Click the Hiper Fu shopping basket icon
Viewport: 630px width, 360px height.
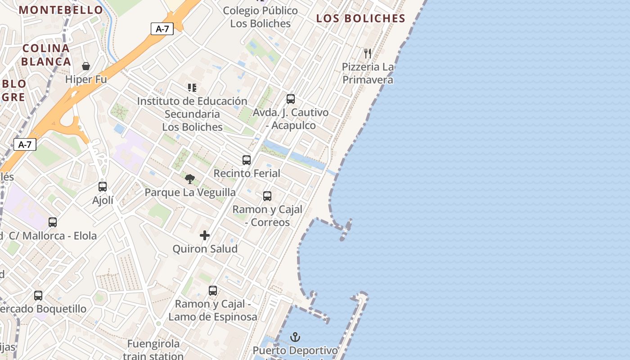[86, 67]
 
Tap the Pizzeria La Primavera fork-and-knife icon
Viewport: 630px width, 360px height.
[368, 54]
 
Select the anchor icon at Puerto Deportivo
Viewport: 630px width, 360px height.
[295, 337]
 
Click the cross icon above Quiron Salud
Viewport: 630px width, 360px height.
[205, 235]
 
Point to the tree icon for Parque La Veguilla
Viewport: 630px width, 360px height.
[190, 179]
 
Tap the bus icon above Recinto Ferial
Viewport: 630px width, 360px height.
[247, 160]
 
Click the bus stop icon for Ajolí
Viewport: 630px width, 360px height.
[103, 186]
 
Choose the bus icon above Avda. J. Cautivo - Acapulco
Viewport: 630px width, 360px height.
[291, 99]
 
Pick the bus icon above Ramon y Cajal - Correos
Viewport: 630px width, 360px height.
[267, 196]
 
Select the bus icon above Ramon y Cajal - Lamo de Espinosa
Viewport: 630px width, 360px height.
[213, 291]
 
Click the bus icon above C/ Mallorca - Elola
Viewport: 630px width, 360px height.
[53, 222]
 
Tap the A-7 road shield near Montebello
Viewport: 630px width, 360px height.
[162, 29]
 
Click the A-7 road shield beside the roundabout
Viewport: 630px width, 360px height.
[25, 144]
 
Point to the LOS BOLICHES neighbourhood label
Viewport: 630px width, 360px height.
[360, 18]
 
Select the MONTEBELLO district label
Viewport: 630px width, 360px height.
[61, 10]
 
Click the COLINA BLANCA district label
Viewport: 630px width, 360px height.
[46, 55]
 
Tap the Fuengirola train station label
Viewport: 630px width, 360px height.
[153, 350]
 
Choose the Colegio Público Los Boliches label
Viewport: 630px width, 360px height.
[261, 17]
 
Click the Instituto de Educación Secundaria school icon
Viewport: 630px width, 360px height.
[192, 87]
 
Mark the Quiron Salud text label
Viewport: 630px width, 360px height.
[205, 249]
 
